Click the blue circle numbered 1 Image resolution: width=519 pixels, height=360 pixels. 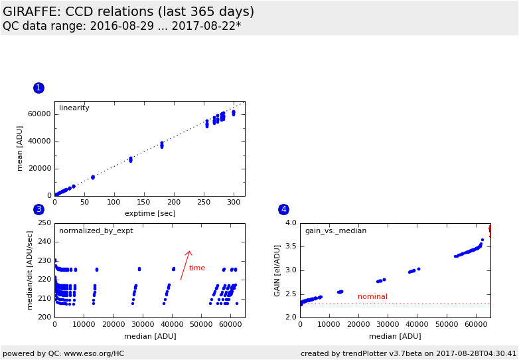(x=38, y=88)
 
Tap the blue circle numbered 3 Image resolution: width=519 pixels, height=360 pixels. (x=38, y=209)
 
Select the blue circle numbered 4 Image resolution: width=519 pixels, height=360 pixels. (x=283, y=209)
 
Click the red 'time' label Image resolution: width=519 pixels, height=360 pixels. (x=197, y=268)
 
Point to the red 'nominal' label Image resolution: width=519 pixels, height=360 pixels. (x=372, y=297)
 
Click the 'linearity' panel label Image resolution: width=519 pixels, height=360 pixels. (x=74, y=108)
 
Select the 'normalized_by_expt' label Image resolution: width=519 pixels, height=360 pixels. (x=96, y=231)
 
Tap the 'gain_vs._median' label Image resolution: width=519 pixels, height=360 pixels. (x=336, y=231)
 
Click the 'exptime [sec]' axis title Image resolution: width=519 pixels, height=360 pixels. (x=149, y=213)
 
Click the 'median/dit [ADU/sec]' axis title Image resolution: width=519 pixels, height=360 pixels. (x=30, y=270)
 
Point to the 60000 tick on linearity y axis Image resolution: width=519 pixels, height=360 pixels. (x=38, y=114)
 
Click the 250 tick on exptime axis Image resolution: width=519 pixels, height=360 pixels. (x=174, y=202)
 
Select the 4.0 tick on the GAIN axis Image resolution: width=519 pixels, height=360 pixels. (x=289, y=223)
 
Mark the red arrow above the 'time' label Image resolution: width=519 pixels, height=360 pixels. (x=186, y=264)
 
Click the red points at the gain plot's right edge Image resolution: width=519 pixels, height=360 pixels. (x=490, y=230)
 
